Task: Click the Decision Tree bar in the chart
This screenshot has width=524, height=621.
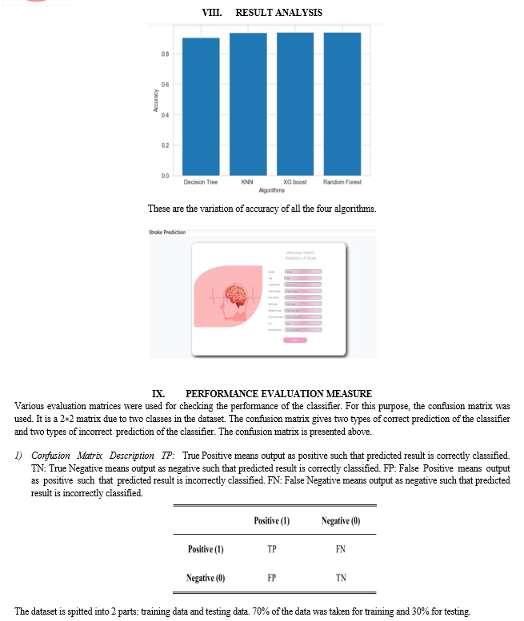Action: (x=201, y=106)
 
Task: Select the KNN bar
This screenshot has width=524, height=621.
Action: (x=248, y=104)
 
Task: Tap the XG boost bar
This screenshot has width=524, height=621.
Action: (x=295, y=104)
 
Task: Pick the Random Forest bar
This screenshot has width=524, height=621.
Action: (x=342, y=104)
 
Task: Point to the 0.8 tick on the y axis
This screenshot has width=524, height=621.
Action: (x=164, y=54)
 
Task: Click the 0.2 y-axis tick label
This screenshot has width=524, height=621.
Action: (x=164, y=145)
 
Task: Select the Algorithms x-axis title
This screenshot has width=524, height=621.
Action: (x=272, y=190)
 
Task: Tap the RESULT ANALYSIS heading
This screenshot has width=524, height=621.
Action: (x=279, y=12)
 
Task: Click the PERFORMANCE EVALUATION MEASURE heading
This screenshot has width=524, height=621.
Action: (x=278, y=394)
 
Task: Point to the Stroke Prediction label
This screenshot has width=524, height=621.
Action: (x=167, y=233)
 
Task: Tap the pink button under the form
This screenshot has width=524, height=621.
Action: (x=294, y=340)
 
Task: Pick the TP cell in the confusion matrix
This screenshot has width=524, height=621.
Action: (x=272, y=549)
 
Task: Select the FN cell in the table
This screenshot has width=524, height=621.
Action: (x=341, y=549)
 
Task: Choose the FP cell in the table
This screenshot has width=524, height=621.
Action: (x=272, y=577)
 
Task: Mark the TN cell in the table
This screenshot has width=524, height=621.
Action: (x=341, y=577)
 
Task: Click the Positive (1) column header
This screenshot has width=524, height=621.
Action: (x=272, y=521)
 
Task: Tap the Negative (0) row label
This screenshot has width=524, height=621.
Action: (x=206, y=577)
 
